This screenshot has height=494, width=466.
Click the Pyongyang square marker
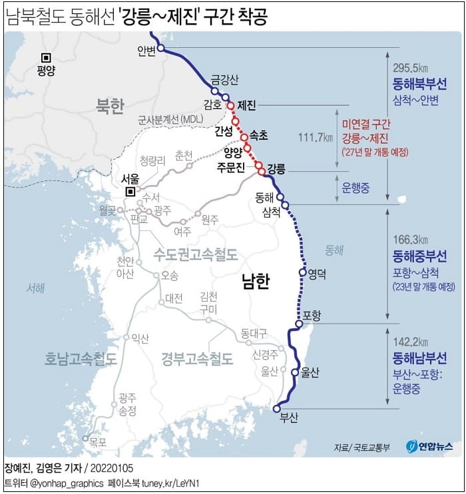45,57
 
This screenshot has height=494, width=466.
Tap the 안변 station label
146,51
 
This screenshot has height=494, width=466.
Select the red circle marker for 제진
230,105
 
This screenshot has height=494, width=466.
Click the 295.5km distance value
410,68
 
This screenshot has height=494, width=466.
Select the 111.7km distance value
316,138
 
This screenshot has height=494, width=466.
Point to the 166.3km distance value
410,240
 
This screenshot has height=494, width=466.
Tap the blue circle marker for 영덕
302,271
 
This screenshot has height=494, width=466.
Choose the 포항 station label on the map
312,314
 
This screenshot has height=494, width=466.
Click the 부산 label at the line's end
289,418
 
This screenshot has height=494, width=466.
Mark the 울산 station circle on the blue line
295,372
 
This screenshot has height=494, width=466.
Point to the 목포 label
97,440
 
